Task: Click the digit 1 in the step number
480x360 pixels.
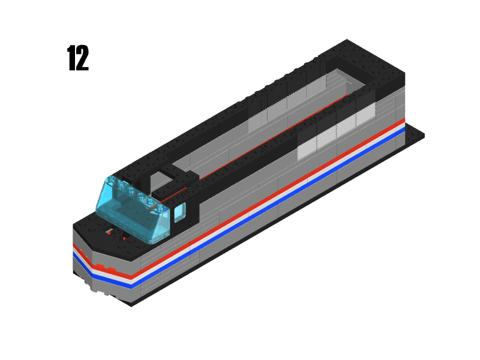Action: (71, 58)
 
